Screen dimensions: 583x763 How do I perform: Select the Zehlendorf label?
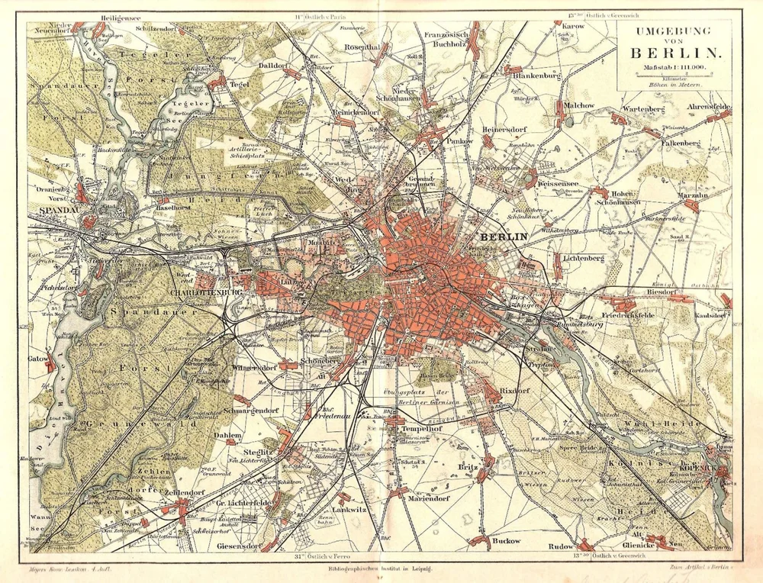[181, 494]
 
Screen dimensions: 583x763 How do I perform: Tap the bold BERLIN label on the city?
[504, 237]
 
